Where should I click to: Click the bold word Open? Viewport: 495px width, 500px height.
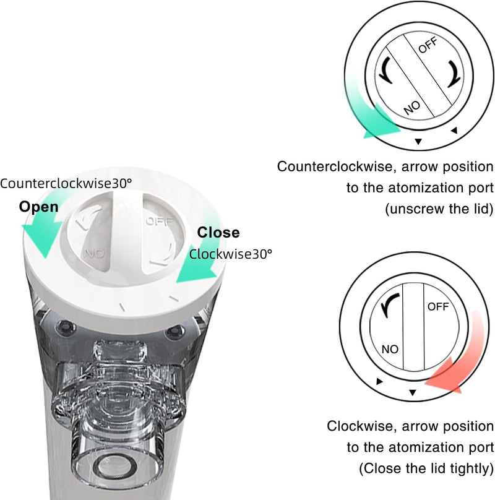[39, 207]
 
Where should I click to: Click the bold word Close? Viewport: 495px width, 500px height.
[218, 233]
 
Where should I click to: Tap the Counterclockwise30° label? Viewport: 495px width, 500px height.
[66, 183]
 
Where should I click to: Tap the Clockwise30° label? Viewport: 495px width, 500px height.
[231, 254]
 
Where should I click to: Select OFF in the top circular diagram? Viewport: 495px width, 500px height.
[428, 45]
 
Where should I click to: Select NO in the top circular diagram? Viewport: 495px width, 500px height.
[412, 108]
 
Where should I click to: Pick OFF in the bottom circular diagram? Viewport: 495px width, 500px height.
[438, 307]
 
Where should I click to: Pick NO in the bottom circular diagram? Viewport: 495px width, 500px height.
[390, 350]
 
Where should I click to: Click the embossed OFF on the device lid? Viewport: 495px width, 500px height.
[159, 222]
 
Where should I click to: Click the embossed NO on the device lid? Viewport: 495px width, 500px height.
[94, 254]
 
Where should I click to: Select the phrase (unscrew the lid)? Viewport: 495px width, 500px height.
[439, 209]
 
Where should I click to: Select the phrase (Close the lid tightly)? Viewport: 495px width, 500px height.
[426, 468]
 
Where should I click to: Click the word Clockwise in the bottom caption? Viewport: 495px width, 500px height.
[361, 426]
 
